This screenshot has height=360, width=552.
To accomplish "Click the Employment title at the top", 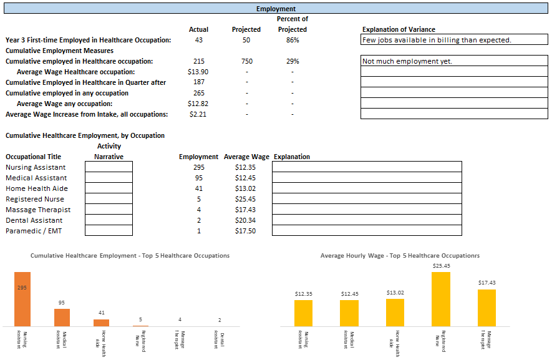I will (x=276, y=9).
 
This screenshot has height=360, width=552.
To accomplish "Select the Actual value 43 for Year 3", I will (x=198, y=40).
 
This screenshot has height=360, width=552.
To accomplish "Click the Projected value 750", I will (x=246, y=61).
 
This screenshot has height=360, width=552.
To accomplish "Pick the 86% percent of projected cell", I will (x=292, y=40).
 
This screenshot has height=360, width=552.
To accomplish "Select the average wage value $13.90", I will (x=198, y=72).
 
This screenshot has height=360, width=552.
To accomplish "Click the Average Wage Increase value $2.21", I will (x=198, y=114).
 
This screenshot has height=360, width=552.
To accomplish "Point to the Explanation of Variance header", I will (x=399, y=29).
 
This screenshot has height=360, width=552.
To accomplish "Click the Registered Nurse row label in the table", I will (x=35, y=199).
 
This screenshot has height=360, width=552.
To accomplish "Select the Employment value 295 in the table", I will (x=198, y=167).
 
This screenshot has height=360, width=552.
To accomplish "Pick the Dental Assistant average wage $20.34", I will (x=245, y=220).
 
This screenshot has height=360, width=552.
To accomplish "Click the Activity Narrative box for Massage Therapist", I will (x=109, y=210).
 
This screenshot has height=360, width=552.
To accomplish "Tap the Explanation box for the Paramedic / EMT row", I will (x=367, y=231).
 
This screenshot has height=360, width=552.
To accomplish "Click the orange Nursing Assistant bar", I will (x=22, y=299).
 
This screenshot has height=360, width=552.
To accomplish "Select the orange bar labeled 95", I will (x=62, y=317).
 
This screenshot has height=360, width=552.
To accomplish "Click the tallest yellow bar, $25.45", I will (x=441, y=299).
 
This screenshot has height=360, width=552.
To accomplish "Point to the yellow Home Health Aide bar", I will (x=395, y=312).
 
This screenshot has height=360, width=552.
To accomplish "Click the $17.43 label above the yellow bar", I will (x=487, y=283).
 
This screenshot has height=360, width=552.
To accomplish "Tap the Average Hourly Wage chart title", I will (x=400, y=256).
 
